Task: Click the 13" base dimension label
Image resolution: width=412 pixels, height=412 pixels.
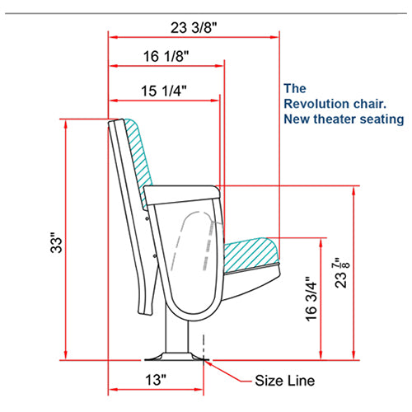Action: coord(152,381)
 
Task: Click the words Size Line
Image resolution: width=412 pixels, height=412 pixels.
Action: coord(284,381)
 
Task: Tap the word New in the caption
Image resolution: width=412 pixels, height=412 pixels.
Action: coord(295,119)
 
